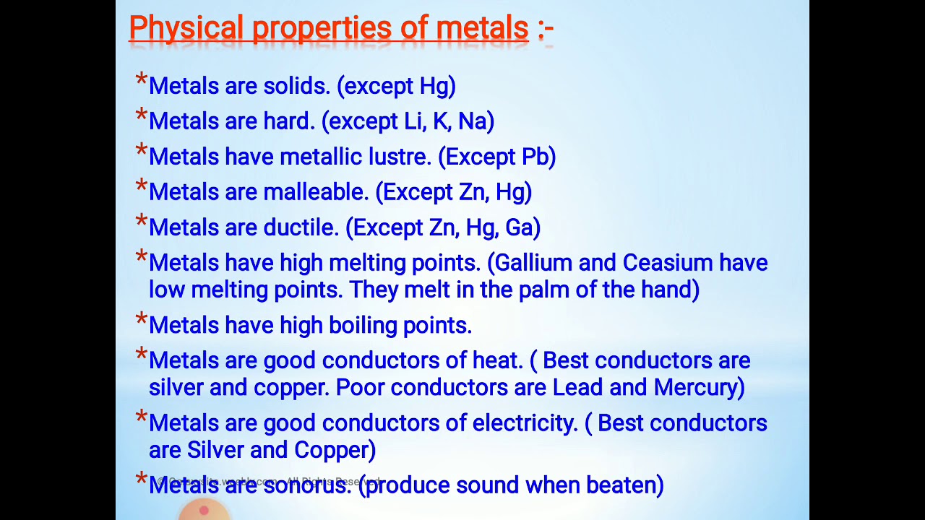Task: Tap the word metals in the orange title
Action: tap(482, 29)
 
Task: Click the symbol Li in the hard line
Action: tap(413, 121)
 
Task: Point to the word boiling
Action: tap(359, 326)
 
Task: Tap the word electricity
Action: tap(525, 423)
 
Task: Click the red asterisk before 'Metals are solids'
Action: tap(142, 81)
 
